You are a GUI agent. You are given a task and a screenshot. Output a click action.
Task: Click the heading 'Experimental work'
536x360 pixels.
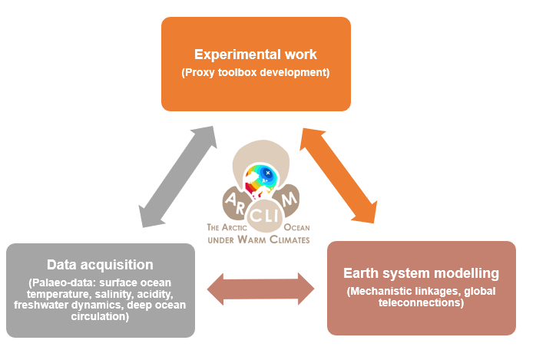point(256,55)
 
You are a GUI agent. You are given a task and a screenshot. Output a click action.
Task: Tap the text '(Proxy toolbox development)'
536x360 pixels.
point(256,73)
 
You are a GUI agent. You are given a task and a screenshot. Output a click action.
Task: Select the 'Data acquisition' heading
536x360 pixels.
point(100,265)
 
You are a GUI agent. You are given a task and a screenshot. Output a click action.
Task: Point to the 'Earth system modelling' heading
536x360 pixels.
point(422,273)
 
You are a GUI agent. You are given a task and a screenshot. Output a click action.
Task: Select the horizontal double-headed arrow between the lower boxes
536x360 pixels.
point(262,290)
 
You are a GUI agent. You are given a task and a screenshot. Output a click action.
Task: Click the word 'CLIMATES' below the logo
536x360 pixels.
point(290,239)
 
